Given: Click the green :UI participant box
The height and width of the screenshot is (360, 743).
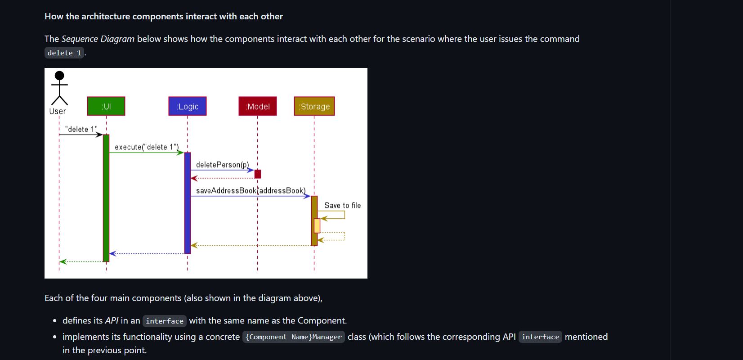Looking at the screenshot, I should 106,106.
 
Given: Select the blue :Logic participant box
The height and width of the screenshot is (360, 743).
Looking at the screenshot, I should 188,106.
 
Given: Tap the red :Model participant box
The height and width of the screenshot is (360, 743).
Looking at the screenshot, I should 258,106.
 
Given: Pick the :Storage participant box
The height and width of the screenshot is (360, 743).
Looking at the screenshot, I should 314,106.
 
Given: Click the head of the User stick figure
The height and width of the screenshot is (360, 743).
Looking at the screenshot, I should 59,76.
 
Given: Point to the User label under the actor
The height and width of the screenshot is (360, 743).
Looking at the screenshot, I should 58,111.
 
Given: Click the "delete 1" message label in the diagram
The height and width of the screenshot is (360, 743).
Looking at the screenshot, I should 81,129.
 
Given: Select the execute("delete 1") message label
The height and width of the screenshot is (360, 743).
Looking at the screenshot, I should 147,147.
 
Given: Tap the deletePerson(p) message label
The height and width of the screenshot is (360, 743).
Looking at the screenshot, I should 222,165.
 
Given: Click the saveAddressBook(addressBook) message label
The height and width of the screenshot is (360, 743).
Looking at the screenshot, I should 251,191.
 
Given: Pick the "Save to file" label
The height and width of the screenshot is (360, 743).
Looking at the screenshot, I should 342,206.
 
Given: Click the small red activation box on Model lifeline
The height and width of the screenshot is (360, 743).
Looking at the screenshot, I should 258,174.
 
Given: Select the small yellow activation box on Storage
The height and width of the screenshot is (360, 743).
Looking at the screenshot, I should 317,225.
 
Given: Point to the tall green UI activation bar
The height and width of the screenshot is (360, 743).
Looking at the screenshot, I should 106,198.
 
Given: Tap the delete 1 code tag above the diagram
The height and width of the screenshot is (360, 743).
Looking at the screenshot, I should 64,53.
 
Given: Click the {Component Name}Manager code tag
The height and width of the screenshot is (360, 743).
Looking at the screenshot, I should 294,337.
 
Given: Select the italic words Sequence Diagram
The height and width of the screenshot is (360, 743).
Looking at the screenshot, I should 98,39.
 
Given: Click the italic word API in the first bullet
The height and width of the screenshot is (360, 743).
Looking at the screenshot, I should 112,321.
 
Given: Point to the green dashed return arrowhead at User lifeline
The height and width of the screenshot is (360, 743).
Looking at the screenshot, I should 63,261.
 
